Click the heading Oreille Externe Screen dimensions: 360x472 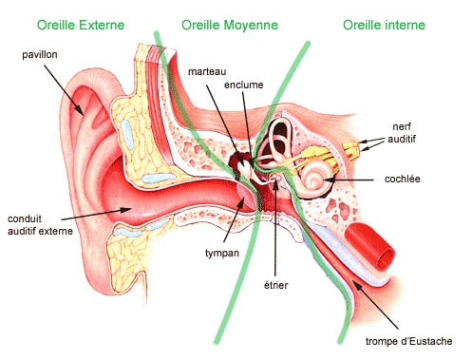pos(88,24)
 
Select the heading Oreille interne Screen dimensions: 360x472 pos(384,24)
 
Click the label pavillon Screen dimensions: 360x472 pos(40,55)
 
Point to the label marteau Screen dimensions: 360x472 pos(207,72)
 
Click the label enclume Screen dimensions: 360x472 pos(245,84)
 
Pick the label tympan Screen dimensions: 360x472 pos(222,254)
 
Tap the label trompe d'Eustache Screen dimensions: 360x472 pos(408,342)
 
